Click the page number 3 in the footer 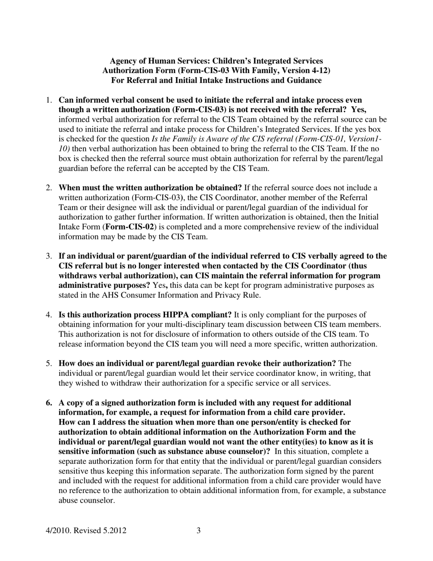(x=198, y=530)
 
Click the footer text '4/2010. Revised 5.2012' (x=86, y=530)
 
